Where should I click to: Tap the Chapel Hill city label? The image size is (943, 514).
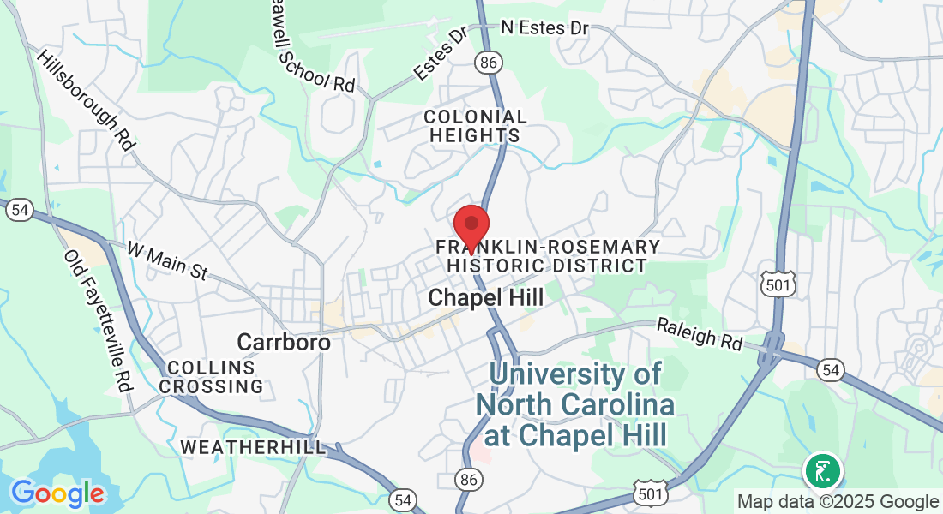pyautogui.click(x=485, y=298)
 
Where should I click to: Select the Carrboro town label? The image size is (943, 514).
pyautogui.click(x=284, y=342)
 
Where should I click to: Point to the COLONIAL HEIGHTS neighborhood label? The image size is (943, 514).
pyautogui.click(x=476, y=126)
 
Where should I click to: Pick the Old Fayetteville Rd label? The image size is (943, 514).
pyautogui.click(x=99, y=321)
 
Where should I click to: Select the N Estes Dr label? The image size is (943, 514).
pyautogui.click(x=545, y=28)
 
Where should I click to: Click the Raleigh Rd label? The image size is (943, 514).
pyautogui.click(x=700, y=334)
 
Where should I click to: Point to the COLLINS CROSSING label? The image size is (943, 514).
pyautogui.click(x=212, y=377)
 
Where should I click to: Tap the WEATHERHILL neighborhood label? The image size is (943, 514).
pyautogui.click(x=254, y=447)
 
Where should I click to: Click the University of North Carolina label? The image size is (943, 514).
pyautogui.click(x=575, y=404)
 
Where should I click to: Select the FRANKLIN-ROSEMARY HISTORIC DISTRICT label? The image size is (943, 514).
pyautogui.click(x=548, y=256)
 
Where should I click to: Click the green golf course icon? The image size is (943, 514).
pyautogui.click(x=822, y=471)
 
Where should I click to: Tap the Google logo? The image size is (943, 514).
pyautogui.click(x=57, y=493)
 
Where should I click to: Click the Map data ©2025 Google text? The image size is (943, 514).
pyautogui.click(x=838, y=502)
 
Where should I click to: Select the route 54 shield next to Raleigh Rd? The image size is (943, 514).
pyautogui.click(x=830, y=370)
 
